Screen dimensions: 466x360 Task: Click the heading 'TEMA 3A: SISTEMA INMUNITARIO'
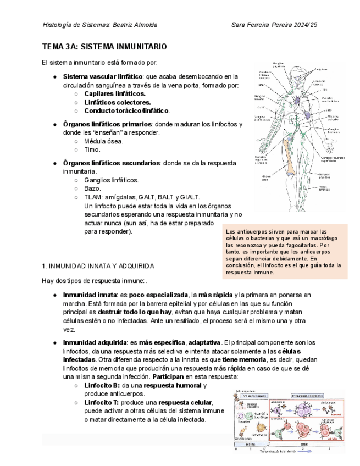[104, 47]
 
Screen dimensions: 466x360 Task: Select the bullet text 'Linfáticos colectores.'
[117, 102]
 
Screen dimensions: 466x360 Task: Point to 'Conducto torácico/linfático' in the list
[126, 111]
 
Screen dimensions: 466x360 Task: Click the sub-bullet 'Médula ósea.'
[103, 141]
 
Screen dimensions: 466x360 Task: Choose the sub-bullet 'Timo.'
[92, 149]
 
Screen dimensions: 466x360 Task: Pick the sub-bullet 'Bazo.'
[92, 188]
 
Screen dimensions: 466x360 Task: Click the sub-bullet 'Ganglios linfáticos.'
[111, 180]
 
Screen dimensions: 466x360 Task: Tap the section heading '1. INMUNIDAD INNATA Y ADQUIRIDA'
[98, 265]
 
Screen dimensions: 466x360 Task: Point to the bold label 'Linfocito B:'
[103, 386]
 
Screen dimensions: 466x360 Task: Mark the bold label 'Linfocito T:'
[103, 403]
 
